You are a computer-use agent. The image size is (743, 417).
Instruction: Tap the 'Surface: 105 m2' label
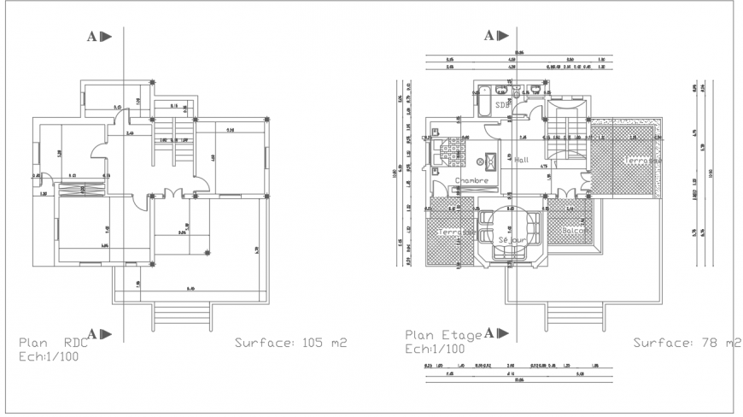point(290,344)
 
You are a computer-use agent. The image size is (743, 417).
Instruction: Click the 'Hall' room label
point(523,160)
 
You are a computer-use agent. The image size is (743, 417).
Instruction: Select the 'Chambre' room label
point(471,181)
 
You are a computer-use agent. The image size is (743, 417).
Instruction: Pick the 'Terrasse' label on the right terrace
point(642,160)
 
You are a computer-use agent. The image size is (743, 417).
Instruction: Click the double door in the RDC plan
point(174,193)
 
